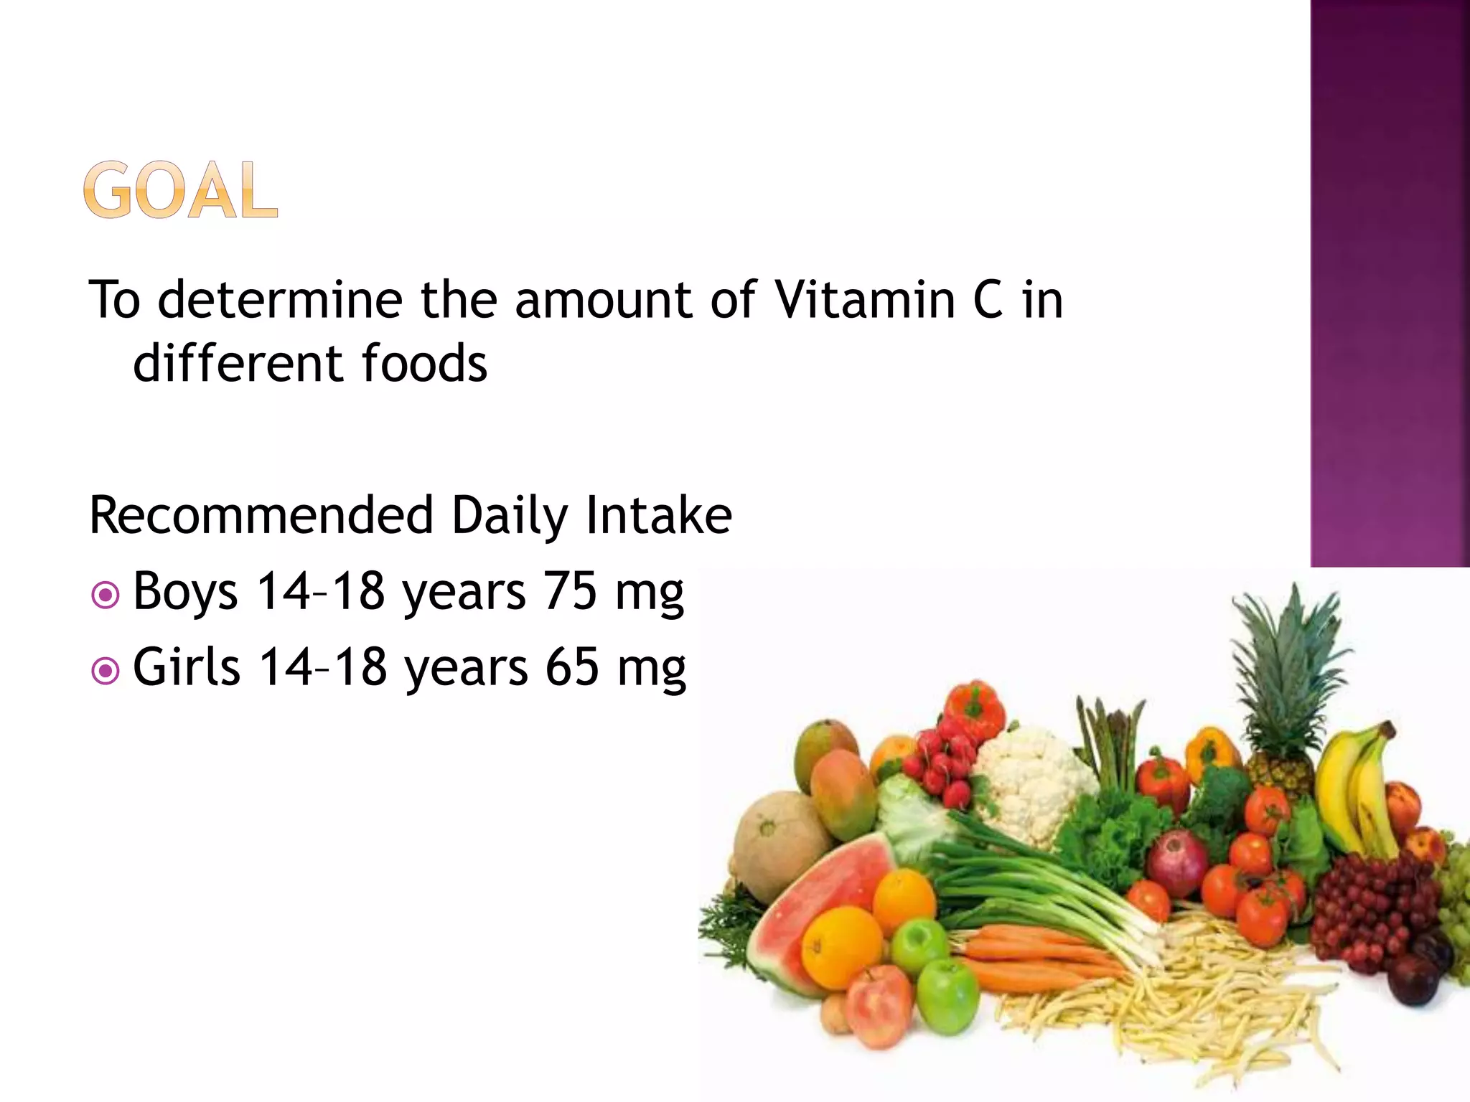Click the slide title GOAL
180,190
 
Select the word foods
424,363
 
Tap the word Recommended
261,515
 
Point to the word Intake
659,515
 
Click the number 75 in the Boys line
570,591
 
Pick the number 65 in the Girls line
571,667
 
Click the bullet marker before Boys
106,595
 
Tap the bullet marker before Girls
106,671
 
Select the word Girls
186,667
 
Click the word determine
280,299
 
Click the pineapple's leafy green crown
1285,667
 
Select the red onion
1177,861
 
